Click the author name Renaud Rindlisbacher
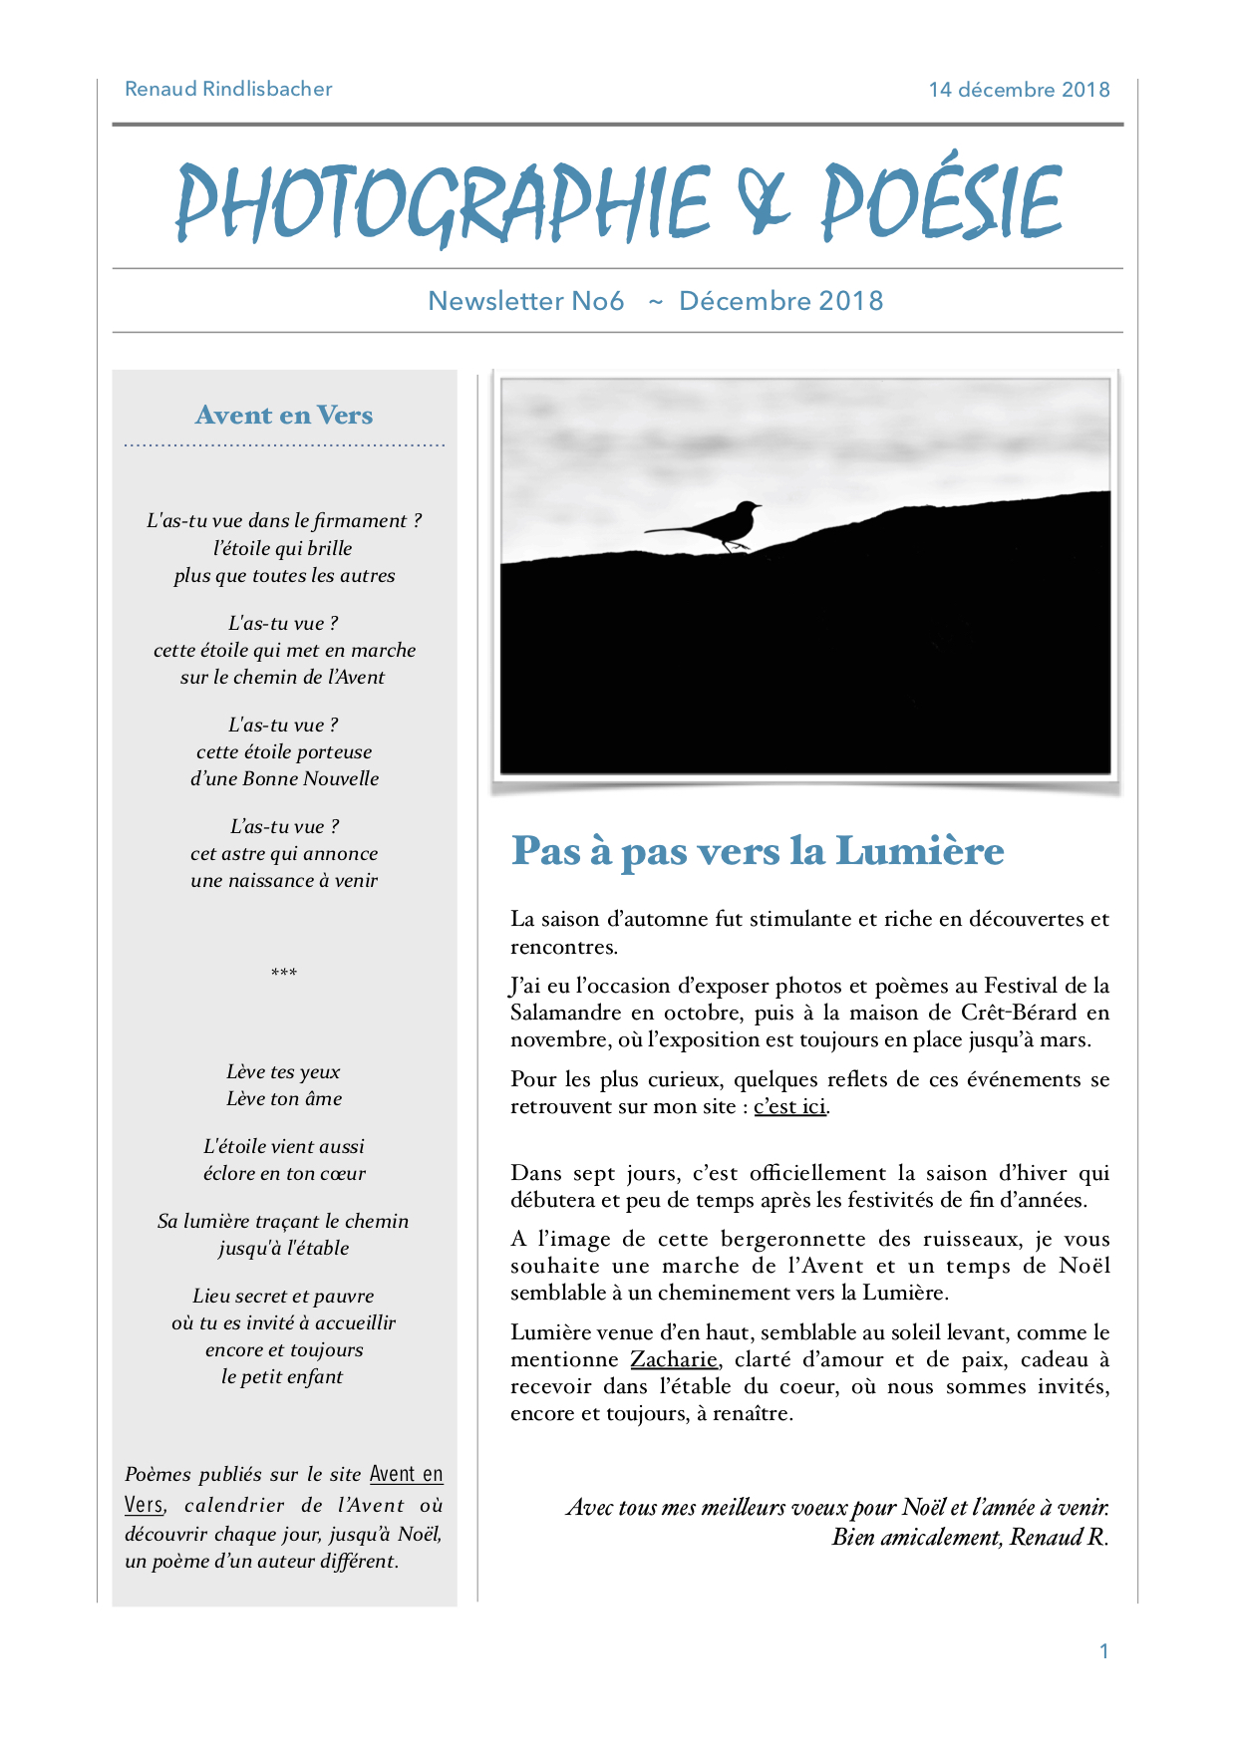(x=228, y=89)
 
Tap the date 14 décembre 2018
(x=1019, y=90)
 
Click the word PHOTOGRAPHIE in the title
(x=443, y=202)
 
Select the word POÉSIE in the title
(x=941, y=202)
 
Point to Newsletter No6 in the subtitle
(x=525, y=301)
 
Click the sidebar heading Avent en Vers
(x=284, y=415)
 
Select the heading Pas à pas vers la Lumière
(x=758, y=851)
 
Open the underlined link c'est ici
(x=789, y=1106)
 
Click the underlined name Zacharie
(x=673, y=1359)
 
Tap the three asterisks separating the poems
(x=284, y=973)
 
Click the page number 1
(x=1103, y=1651)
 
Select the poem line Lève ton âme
(x=284, y=1098)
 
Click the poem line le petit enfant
(x=282, y=1376)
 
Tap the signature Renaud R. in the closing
(x=1059, y=1537)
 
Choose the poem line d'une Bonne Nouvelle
(x=284, y=778)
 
